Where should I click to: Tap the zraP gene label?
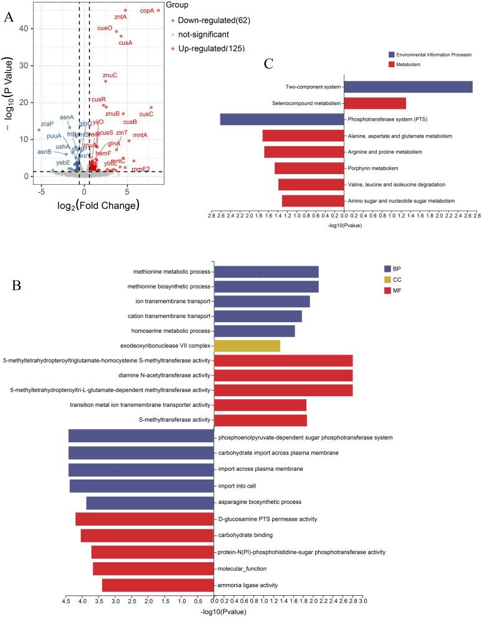(x=47, y=124)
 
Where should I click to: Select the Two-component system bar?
(x=408, y=87)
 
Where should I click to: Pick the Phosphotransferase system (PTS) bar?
(x=281, y=119)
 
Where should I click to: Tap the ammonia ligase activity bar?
(x=158, y=585)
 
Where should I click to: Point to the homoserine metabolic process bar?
(x=254, y=331)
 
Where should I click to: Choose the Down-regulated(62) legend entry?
(x=212, y=21)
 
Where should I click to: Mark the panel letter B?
(x=17, y=285)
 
